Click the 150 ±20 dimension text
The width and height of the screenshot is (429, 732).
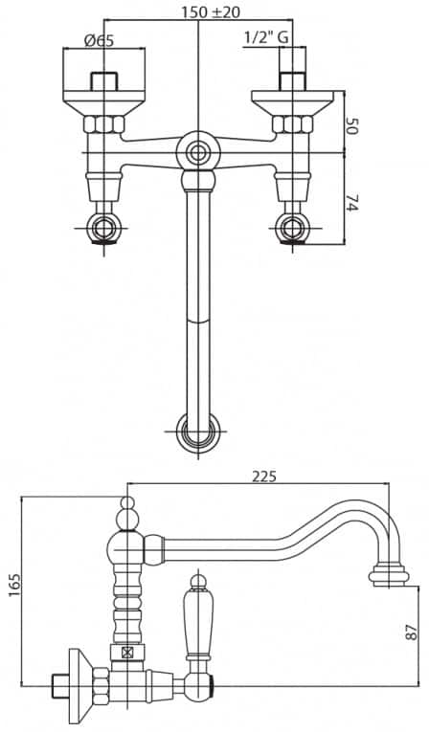[211, 11]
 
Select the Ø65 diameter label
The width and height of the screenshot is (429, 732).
[99, 40]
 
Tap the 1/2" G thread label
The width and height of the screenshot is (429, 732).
[266, 38]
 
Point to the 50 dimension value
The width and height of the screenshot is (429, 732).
[351, 126]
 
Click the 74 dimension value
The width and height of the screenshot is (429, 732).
[351, 203]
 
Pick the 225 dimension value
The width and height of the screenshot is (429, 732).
[264, 477]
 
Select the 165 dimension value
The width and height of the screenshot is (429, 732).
[15, 585]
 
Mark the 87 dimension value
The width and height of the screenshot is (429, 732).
[412, 632]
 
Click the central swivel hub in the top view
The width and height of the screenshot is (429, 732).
[198, 152]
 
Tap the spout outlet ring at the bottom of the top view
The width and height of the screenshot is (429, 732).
[198, 432]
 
